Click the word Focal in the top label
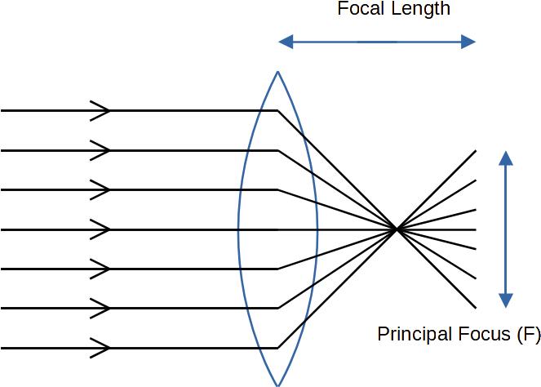[x=360, y=10]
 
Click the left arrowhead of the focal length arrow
[x=283, y=41]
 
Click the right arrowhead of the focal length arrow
[x=470, y=41]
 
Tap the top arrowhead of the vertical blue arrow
[x=507, y=157]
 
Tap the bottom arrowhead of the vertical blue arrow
[x=507, y=301]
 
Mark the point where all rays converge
[x=397, y=229]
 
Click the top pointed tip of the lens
[x=278, y=73]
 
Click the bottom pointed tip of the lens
[x=278, y=384]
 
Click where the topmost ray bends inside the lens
[x=278, y=110]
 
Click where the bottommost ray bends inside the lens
[x=278, y=348]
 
